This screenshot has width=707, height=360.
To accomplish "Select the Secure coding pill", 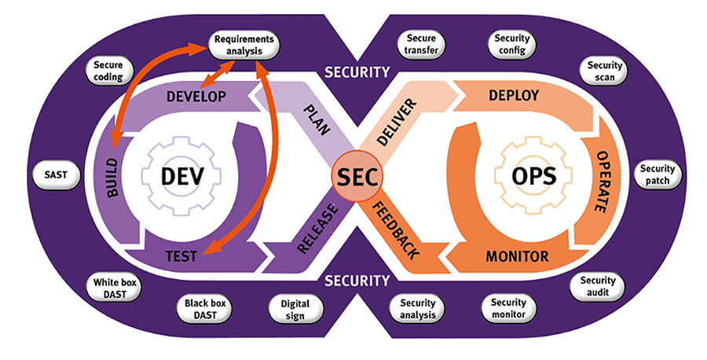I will [x=108, y=72].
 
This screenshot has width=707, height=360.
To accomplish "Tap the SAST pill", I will [x=57, y=177].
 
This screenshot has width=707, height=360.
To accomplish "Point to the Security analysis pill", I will [x=417, y=309].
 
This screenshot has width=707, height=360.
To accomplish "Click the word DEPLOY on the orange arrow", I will [x=514, y=96].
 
